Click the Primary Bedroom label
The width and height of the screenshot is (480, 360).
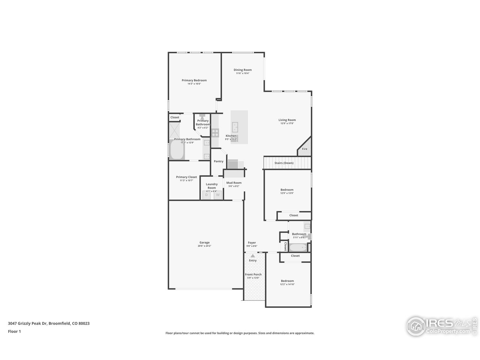(x=194, y=80)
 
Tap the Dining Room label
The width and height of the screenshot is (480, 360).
(x=242, y=70)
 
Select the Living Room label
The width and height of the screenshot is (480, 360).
(x=287, y=120)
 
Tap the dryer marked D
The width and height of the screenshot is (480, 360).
(x=206, y=195)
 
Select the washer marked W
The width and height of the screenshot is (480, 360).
(x=217, y=195)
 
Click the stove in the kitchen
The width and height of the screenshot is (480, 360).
(x=215, y=132)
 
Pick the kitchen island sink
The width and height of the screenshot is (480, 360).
(x=235, y=127)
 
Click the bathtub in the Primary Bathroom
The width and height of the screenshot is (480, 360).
(x=176, y=150)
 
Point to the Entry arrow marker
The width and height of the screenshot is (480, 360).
(x=253, y=255)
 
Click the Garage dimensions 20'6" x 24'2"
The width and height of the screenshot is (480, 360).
(x=205, y=246)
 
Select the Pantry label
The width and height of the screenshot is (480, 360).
(x=218, y=161)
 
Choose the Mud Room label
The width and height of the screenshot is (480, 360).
(x=234, y=183)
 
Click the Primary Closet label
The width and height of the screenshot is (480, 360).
(x=186, y=177)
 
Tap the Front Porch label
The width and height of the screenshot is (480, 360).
(x=253, y=274)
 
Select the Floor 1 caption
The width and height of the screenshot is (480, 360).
(x=14, y=331)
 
